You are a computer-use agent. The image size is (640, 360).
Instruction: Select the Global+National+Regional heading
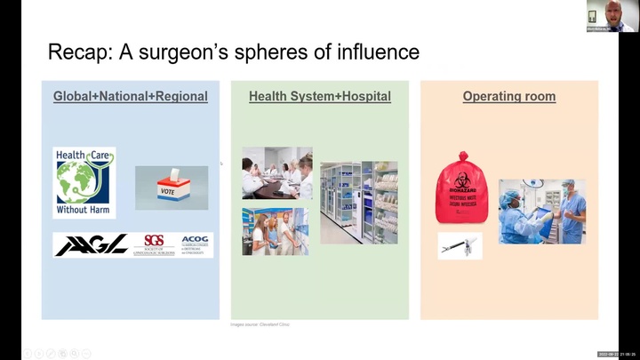[x=131, y=96]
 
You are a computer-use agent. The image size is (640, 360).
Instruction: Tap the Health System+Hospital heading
[x=319, y=96]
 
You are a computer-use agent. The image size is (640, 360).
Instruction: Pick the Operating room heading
[x=508, y=96]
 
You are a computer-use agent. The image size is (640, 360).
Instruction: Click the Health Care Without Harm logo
[x=84, y=182]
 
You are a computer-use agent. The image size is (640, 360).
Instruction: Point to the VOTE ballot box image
[x=172, y=188]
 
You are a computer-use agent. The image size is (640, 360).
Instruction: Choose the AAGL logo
[x=92, y=245]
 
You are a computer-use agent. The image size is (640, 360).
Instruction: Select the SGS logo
[x=155, y=245]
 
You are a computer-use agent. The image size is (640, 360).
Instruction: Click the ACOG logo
[x=195, y=245]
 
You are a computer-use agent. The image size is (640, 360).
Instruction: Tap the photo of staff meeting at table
[x=276, y=172]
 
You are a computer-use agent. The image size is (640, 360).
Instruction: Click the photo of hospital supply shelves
[x=358, y=202]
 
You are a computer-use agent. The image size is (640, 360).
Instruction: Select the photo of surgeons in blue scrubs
[x=541, y=210]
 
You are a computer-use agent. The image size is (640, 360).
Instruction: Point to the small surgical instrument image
[x=460, y=246]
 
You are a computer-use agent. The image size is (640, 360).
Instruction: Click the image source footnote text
[x=260, y=324]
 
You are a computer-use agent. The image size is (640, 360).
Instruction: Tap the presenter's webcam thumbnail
[x=611, y=15]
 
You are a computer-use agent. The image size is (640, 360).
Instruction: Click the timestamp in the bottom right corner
[x=616, y=354]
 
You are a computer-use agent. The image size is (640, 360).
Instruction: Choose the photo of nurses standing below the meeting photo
[x=276, y=231]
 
